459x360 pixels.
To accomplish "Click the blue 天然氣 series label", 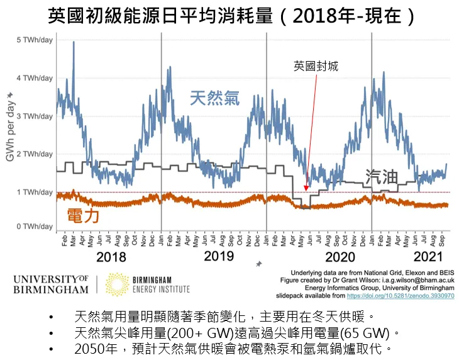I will pyautogui.click(x=214, y=98).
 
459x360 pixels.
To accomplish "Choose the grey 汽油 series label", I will pyautogui.click(x=382, y=177).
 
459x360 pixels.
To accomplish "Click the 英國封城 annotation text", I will pyautogui.click(x=316, y=65).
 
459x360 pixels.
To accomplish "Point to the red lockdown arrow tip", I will pyautogui.click(x=306, y=190).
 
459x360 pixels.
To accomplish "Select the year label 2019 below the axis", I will pyautogui.click(x=219, y=256).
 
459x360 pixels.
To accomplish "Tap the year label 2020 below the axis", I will pyautogui.click(x=340, y=257).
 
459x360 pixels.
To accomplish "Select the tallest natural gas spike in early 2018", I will pyautogui.click(x=74, y=43).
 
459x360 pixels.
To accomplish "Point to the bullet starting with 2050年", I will pyautogui.click(x=233, y=347).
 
